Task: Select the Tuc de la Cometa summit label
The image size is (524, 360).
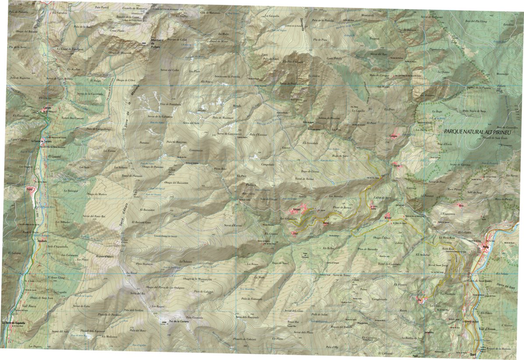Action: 171,322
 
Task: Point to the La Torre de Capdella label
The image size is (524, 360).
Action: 14,323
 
